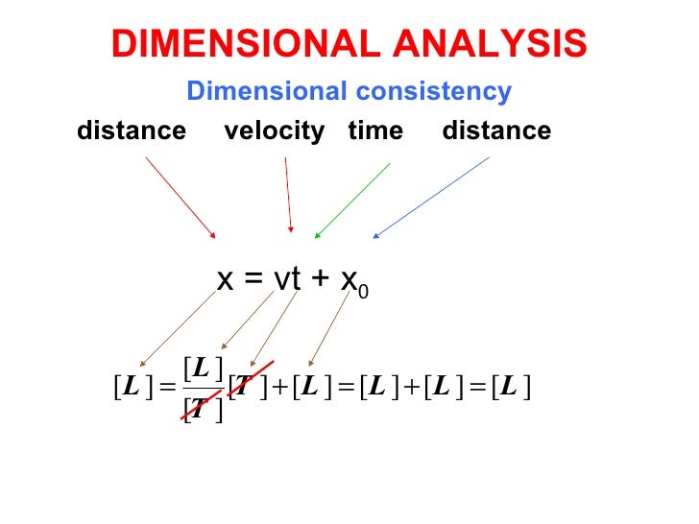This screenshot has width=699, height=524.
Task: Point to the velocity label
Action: pos(275,131)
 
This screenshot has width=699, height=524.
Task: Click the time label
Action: pos(375,131)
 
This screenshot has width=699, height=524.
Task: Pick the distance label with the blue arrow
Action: pos(496,131)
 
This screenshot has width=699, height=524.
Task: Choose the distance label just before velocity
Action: pos(132,131)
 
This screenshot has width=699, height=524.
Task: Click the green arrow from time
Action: pos(352,199)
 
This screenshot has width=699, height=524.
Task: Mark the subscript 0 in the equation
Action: pos(363,289)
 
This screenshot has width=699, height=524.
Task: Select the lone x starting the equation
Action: pos(227,280)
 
